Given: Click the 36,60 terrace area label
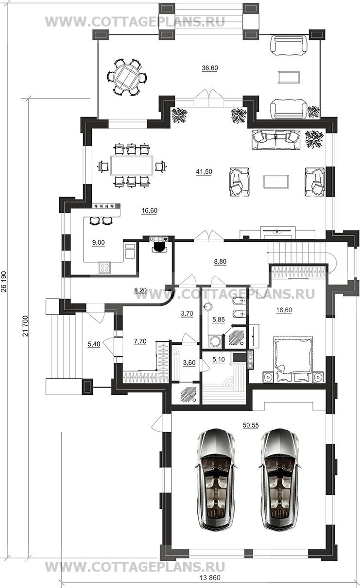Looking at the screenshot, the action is pyautogui.click(x=210, y=68).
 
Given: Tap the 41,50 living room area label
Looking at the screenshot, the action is pyautogui.click(x=204, y=172).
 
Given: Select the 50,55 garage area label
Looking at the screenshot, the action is pyautogui.click(x=251, y=425).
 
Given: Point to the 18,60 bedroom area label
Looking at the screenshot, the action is pyautogui.click(x=284, y=310).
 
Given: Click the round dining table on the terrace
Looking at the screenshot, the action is pyautogui.click(x=127, y=78).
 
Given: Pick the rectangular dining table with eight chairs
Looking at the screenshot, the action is pyautogui.click(x=132, y=166).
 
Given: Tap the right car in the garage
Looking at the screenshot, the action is pyautogui.click(x=280, y=479).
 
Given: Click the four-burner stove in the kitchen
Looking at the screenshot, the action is pyautogui.click(x=105, y=268).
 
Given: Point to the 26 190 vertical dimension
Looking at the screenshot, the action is pyautogui.click(x=4, y=286).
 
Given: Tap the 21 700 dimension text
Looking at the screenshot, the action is pyautogui.click(x=25, y=326).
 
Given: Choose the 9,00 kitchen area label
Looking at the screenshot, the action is pyautogui.click(x=99, y=243).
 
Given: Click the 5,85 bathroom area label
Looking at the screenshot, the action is pyautogui.click(x=219, y=319).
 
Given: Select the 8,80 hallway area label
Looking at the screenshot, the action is pyautogui.click(x=220, y=261).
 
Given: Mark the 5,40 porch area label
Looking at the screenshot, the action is pyautogui.click(x=94, y=344).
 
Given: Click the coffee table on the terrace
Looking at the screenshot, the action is pyautogui.click(x=289, y=77).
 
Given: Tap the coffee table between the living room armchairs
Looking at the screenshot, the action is pyautogui.click(x=276, y=182).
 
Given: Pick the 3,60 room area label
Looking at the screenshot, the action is pyautogui.click(x=189, y=363).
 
